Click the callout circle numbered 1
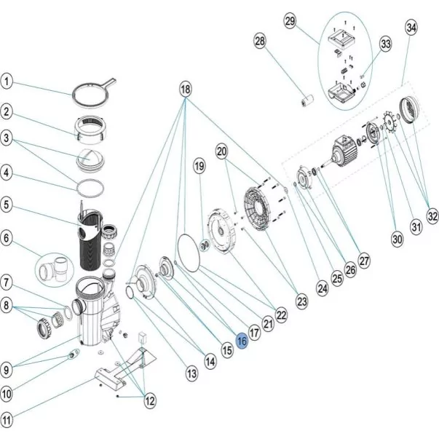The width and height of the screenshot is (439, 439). [7, 81]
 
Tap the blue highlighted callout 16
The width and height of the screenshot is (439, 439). [242, 340]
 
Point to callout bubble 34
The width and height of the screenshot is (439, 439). [413, 28]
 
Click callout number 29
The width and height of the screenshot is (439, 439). [290, 22]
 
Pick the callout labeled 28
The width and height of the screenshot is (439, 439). [260, 43]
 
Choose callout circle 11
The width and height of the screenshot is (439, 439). [7, 420]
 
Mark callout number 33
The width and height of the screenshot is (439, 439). [385, 44]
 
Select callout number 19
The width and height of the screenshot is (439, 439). [199, 167]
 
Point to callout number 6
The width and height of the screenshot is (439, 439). [7, 237]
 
